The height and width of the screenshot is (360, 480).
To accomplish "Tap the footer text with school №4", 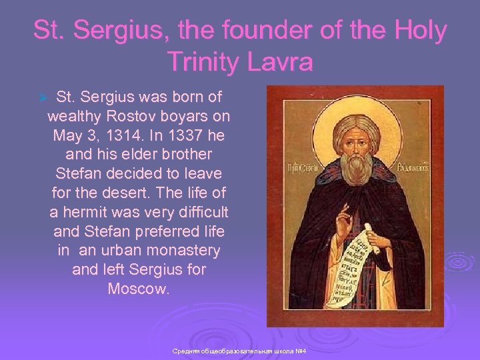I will (x=238, y=351).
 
